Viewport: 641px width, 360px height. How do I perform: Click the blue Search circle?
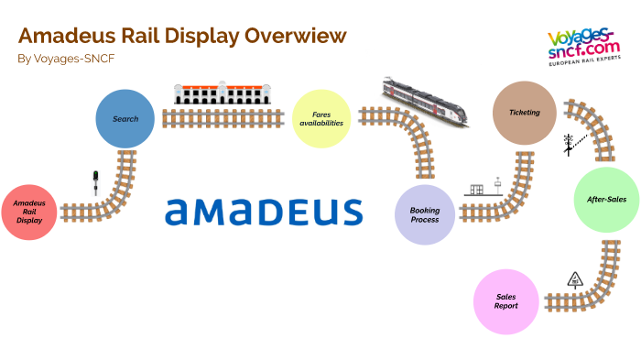125,119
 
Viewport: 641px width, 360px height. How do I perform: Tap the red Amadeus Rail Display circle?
29,213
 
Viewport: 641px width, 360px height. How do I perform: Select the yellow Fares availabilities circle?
321,119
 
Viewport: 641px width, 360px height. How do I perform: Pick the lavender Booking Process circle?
425,216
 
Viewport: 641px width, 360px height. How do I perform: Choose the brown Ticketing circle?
524,114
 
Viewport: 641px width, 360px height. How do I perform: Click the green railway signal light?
94,181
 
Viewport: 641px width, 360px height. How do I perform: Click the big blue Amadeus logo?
264,211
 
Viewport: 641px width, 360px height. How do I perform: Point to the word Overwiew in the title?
296,36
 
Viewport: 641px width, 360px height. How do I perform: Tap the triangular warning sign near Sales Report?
575,279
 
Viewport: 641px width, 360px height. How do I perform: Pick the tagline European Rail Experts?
582,66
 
